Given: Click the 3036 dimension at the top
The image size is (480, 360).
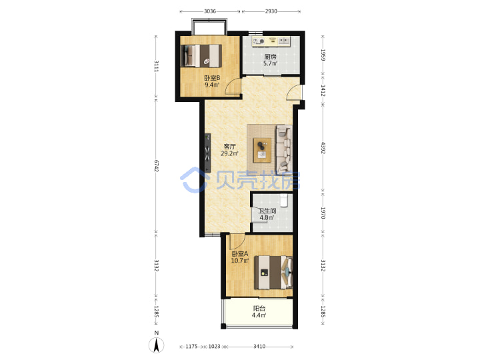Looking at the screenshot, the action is point(210,11).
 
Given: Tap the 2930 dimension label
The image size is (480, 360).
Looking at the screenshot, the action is point(271,11).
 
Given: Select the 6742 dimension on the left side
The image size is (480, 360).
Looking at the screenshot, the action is point(157,165).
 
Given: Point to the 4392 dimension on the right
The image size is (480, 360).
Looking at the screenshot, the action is point(323,147).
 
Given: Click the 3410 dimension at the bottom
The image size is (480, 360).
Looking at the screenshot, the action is point(259,347).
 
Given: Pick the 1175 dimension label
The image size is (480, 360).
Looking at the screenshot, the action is point(191,347).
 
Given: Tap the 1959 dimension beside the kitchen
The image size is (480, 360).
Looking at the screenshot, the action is point(323,55).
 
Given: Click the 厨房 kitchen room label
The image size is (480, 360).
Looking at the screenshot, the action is point(271,57).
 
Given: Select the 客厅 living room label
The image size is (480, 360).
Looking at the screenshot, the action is point(229,147).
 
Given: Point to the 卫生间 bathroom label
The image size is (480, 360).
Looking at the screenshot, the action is point(267,211).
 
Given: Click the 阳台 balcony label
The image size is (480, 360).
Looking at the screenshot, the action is point(259,309).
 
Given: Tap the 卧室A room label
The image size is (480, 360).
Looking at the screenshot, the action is point(240,254).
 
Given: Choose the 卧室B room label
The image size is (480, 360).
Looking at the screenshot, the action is point(212,78).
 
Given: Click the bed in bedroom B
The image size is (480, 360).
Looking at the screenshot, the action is point(201,55).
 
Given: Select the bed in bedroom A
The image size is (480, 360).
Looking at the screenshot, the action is point(273,273).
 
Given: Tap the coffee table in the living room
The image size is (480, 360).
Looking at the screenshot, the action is point(262,150).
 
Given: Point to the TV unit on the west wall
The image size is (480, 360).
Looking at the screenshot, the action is point(208,153).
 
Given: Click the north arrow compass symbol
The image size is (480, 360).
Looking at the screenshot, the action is point(157,345).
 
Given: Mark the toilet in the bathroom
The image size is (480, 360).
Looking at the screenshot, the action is point(285,201).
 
